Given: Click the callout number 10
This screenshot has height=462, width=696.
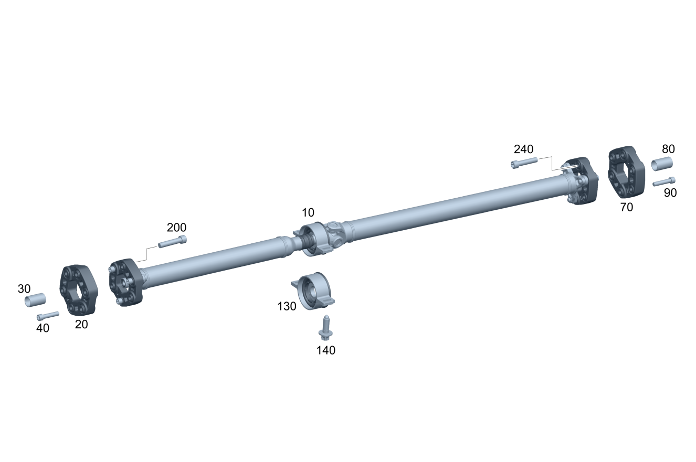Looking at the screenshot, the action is [x=308, y=213].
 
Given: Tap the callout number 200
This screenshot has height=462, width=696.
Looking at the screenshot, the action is [x=176, y=228].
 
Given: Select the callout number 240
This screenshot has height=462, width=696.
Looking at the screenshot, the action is [x=523, y=149].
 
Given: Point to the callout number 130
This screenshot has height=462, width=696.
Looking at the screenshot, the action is [x=287, y=306].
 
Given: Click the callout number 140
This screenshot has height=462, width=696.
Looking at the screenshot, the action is [x=325, y=350].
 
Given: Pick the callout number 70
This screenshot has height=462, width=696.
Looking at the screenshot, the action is [x=626, y=207].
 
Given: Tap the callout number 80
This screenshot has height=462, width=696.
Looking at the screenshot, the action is [x=668, y=149].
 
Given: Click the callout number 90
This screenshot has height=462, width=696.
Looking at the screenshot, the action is [x=670, y=193].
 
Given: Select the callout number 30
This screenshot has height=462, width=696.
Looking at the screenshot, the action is [x=24, y=289].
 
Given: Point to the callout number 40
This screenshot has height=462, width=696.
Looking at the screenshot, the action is [x=43, y=328].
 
